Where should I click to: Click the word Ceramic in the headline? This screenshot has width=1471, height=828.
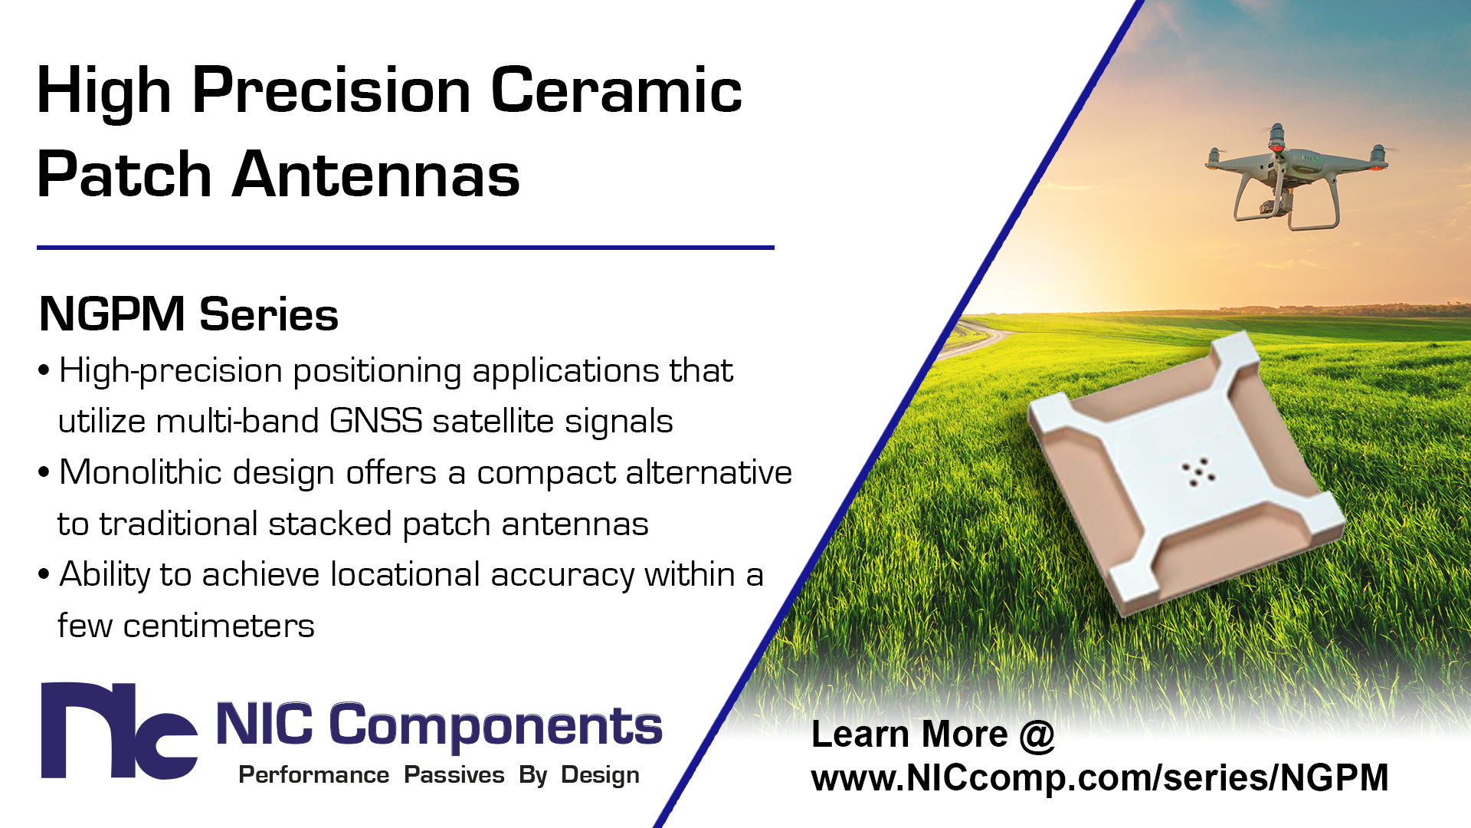(x=616, y=90)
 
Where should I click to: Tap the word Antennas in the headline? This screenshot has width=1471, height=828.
(x=375, y=174)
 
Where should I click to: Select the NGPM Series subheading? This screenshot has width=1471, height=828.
(x=188, y=314)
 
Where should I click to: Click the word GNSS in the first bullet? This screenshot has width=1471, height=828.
(x=375, y=421)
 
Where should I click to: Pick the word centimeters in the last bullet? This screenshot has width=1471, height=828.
(x=218, y=626)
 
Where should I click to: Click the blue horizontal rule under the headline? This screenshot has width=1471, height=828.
(x=405, y=248)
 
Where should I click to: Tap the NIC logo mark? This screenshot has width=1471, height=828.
(x=119, y=731)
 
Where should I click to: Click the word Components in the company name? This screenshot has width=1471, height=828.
(x=496, y=725)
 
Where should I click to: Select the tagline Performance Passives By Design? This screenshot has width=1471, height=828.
(x=439, y=775)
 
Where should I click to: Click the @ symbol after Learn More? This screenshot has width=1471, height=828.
(x=1037, y=734)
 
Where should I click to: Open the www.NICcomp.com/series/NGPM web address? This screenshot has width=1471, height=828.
(x=1099, y=777)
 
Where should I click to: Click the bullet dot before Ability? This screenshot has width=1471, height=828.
(x=44, y=574)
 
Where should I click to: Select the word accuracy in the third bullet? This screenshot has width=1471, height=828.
(x=562, y=575)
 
